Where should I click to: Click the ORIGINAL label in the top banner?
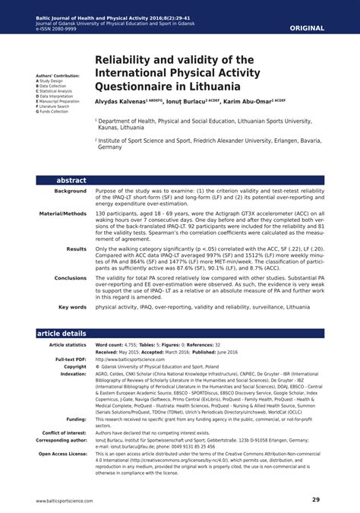(x=308, y=28)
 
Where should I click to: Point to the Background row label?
(x=70, y=191)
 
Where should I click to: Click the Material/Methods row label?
(x=63, y=214)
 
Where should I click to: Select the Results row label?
(x=76, y=249)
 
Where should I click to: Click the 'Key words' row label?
(x=73, y=307)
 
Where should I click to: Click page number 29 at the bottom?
(x=315, y=499)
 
